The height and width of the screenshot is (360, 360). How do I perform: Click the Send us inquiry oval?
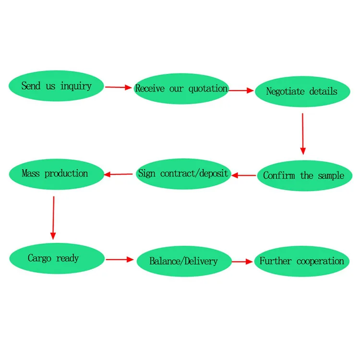pos(56,86)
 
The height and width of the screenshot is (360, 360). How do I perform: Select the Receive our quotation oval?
pos(181,89)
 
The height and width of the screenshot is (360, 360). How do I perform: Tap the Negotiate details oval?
pos(302,92)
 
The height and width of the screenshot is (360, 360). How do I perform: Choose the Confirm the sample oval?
pos(303,175)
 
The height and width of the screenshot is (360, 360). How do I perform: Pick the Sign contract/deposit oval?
pos(184,173)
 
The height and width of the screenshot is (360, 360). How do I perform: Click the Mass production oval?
pos(55,173)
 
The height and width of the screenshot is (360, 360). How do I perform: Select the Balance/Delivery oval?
pos(184,261)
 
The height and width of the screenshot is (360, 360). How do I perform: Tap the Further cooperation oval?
pos(302,261)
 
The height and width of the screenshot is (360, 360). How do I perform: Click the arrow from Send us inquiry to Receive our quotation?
pos(118,87)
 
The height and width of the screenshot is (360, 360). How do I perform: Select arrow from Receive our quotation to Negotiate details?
pos(241,90)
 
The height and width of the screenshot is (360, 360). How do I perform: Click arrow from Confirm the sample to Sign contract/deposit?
pos(244,175)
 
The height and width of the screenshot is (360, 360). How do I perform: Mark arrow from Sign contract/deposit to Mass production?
pos(119,174)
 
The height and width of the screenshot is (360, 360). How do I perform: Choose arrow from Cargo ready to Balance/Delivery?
pos(120,260)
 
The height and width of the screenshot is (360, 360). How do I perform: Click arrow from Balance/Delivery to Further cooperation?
pos(242,262)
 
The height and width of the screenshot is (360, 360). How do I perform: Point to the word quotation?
pos(208,89)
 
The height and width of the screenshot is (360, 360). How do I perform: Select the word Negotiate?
pos(285,92)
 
